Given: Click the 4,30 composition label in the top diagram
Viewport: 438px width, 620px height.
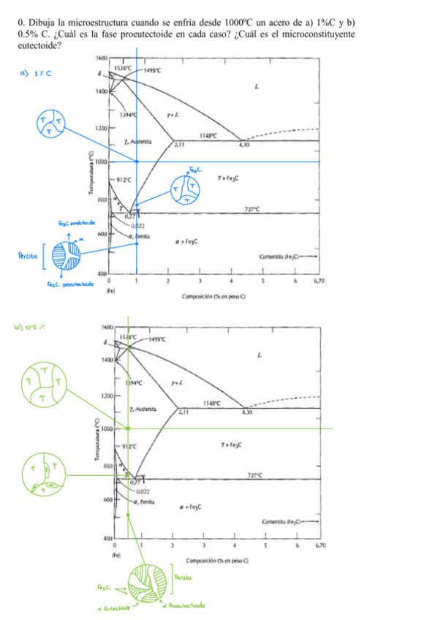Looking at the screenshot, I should pyautogui.click(x=245, y=145).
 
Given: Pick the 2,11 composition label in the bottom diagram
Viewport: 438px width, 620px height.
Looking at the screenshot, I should pyautogui.click(x=181, y=412).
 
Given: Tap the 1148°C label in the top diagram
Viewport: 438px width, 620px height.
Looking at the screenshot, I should pyautogui.click(x=208, y=135).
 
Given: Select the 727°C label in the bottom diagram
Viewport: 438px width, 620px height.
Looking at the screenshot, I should pyautogui.click(x=273, y=475).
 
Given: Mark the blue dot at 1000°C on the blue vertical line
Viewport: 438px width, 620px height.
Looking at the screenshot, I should pyautogui.click(x=137, y=162).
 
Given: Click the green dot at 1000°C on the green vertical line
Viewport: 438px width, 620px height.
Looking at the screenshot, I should pyautogui.click(x=128, y=428).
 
